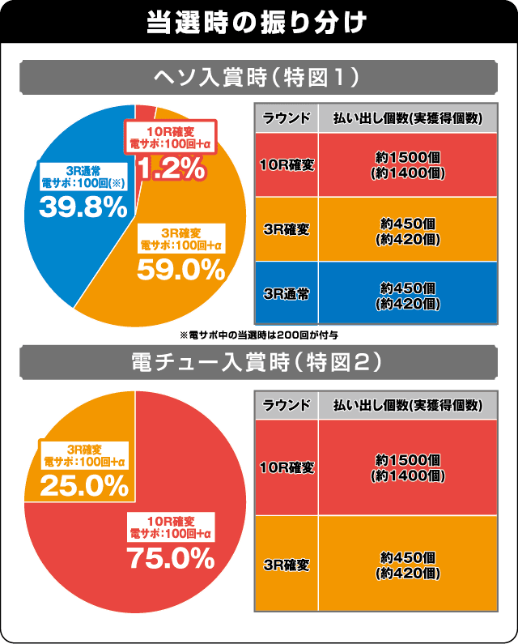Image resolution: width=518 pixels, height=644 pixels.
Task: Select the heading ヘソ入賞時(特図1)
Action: coord(258,79)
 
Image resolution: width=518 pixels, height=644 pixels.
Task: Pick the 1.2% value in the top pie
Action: coord(170,168)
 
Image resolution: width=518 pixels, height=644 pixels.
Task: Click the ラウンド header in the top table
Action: coord(287,118)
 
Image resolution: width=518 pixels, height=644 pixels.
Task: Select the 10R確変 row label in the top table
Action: coord(287,165)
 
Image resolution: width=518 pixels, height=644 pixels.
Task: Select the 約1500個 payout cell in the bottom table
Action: coord(408,467)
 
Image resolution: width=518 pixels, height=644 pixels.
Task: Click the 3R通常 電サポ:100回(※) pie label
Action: coord(84,177)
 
